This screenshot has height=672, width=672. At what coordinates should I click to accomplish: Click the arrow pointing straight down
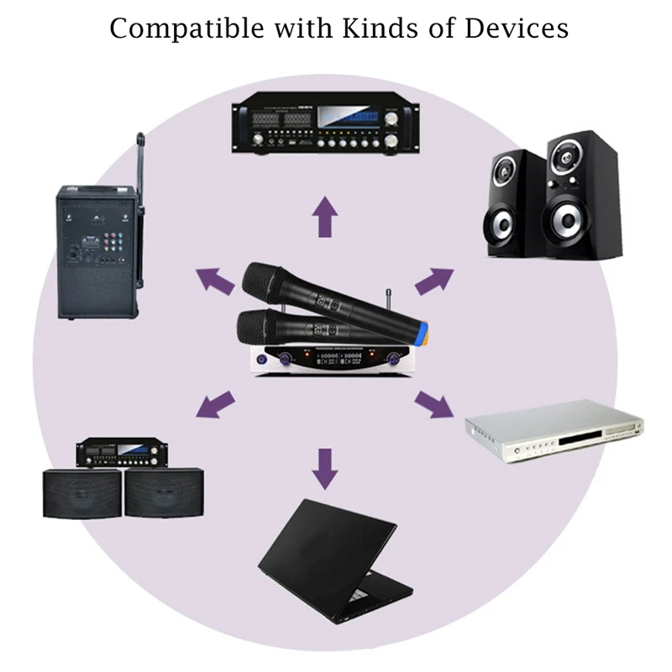coord(324,467)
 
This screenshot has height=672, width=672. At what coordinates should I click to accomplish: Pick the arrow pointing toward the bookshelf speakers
coord(433,281)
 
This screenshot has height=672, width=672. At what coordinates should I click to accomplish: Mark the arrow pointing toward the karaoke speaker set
coord(215,404)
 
